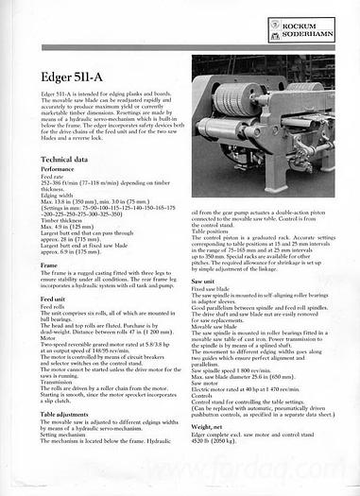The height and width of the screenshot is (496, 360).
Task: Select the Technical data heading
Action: (64, 161)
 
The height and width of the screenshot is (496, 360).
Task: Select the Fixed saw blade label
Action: (214, 288)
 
